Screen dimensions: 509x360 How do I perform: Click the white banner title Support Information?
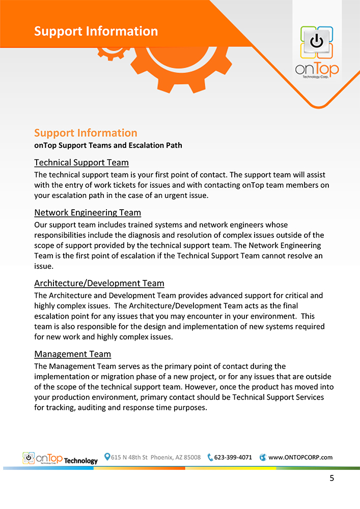pyautogui.click(x=96, y=31)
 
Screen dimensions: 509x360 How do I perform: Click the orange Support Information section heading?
pyautogui.click(x=86, y=133)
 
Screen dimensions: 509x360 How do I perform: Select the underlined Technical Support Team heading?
pyautogui.click(x=81, y=162)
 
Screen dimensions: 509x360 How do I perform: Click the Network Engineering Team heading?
pyautogui.click(x=88, y=212)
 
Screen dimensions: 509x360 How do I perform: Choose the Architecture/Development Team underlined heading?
pyautogui.click(x=99, y=283)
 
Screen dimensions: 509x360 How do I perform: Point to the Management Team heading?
pyautogui.click(x=72, y=354)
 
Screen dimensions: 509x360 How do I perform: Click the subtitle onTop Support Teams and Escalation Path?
pyautogui.click(x=108, y=146)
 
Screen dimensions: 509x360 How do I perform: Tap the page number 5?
pyautogui.click(x=331, y=478)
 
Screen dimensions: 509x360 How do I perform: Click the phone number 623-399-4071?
pyautogui.click(x=233, y=457)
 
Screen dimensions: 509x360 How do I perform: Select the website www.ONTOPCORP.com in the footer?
pyautogui.click(x=300, y=457)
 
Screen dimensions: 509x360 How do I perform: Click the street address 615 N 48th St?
pyautogui.click(x=129, y=457)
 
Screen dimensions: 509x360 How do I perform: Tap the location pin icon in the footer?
pyautogui.click(x=107, y=457)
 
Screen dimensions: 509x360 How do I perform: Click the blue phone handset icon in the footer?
pyautogui.click(x=210, y=457)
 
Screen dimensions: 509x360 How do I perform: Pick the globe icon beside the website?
pyautogui.click(x=263, y=457)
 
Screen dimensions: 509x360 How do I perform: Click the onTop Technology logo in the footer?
pyautogui.click(x=60, y=459)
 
